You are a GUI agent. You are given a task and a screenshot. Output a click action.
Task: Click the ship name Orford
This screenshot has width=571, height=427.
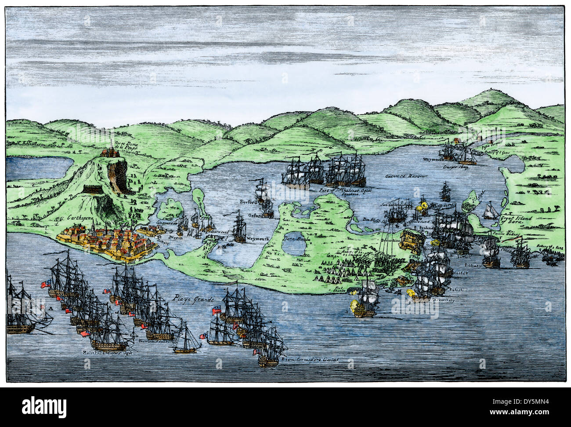[x=254, y=215]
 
